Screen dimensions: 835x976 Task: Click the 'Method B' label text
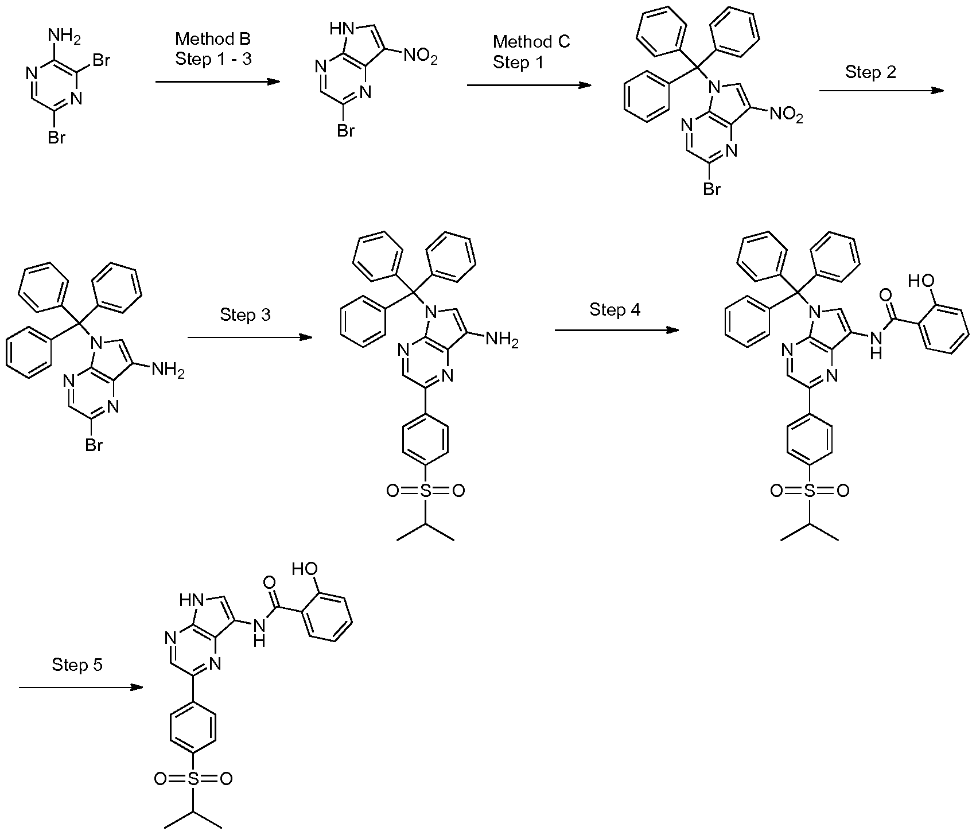[213, 39]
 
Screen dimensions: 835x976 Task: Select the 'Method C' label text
[531, 42]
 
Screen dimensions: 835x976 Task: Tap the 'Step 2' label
[870, 72]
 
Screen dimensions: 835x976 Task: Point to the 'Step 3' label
[245, 315]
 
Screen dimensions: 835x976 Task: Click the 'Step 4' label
[615, 310]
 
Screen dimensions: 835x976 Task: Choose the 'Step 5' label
[77, 665]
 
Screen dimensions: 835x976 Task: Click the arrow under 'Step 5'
[80, 687]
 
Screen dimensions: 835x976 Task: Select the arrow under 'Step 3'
[250, 337]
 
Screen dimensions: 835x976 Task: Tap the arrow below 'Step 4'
[616, 331]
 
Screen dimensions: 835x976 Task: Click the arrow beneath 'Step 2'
[881, 91]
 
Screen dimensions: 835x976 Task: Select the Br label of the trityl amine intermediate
[94, 445]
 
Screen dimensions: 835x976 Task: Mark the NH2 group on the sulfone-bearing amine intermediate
[501, 340]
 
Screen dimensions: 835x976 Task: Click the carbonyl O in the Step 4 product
[885, 295]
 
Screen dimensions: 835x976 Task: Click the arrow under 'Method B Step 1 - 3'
[217, 82]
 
